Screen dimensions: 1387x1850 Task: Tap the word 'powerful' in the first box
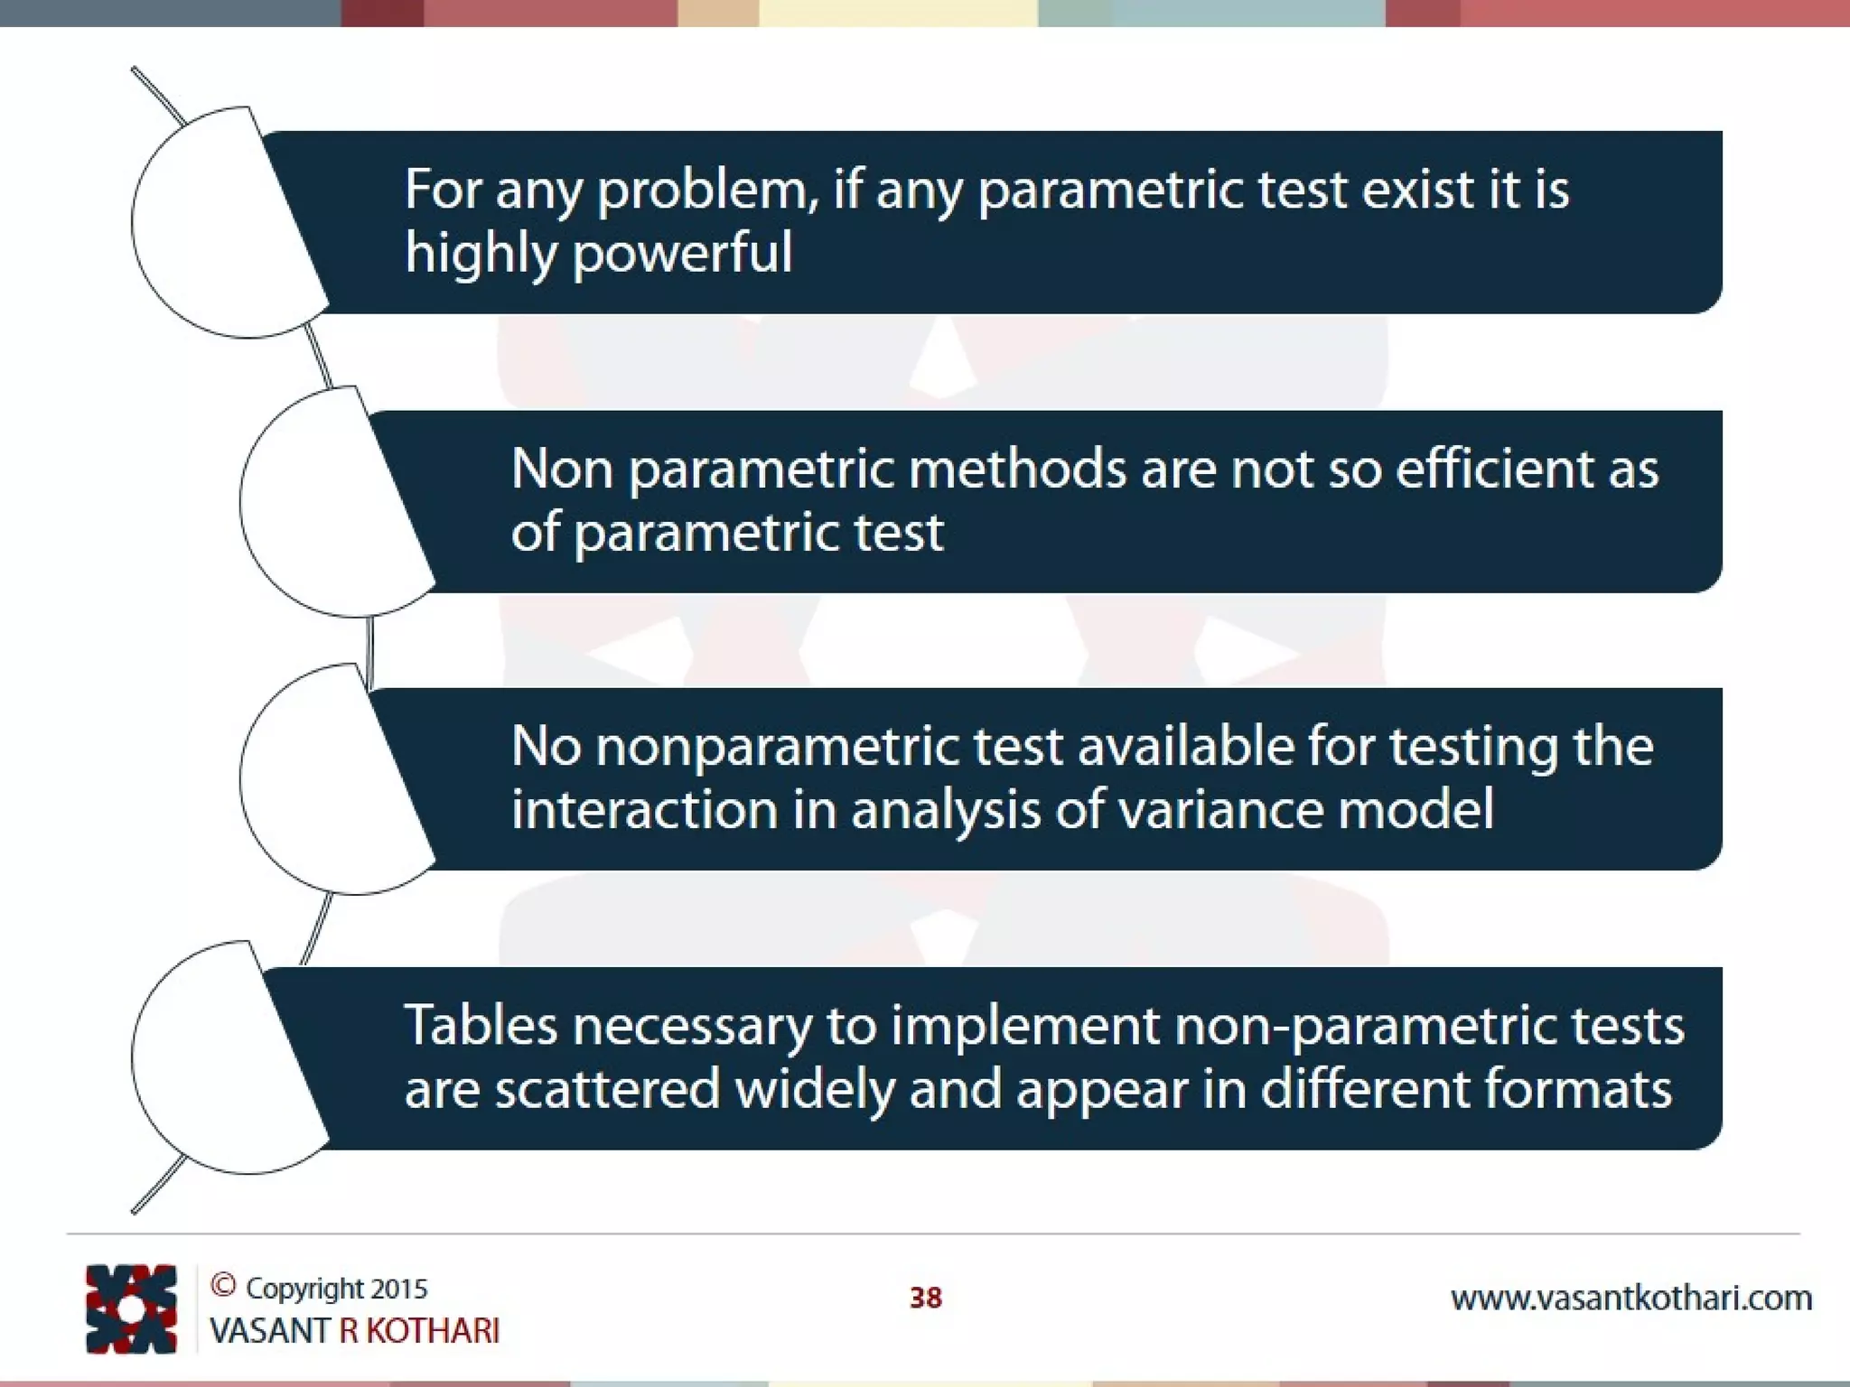click(x=683, y=253)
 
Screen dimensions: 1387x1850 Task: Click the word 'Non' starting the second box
click(x=562, y=470)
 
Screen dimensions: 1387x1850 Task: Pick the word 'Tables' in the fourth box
click(x=480, y=1026)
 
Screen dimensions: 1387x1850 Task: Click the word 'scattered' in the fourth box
click(x=607, y=1089)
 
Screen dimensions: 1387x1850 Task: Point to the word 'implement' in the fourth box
click(x=1025, y=1028)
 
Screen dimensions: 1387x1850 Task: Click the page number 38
click(x=925, y=1299)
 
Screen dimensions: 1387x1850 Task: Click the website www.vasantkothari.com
click(x=1630, y=1299)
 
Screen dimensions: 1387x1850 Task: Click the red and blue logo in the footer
click(x=131, y=1308)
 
